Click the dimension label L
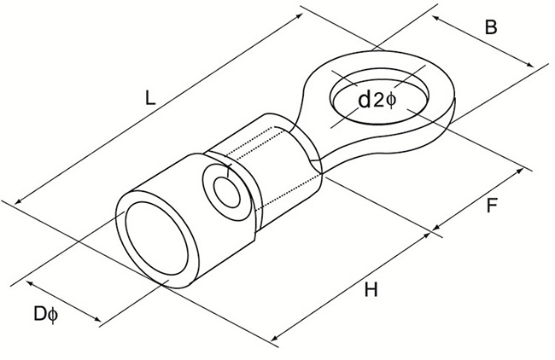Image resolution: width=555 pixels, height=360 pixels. click(x=149, y=99)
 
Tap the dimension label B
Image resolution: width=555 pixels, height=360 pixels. click(x=491, y=28)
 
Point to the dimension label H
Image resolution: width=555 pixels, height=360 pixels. click(x=370, y=290)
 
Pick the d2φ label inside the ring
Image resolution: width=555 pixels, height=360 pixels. click(x=376, y=101)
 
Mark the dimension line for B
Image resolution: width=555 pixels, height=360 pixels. click(x=482, y=43)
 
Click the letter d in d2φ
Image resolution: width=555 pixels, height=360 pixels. click(x=363, y=101)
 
